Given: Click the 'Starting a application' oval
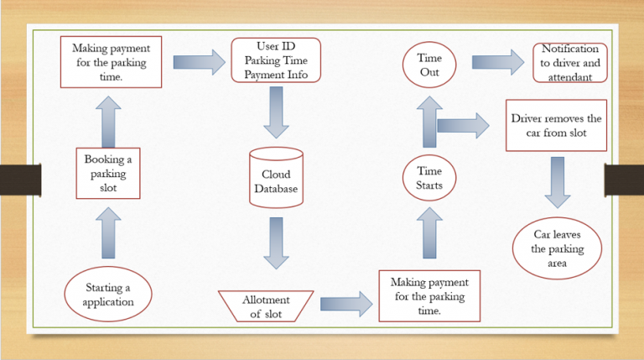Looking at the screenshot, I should [108, 295].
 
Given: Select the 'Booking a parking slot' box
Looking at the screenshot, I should [108, 172].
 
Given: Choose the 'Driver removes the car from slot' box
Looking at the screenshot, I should [555, 126].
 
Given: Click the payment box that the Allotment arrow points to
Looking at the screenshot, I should [429, 295].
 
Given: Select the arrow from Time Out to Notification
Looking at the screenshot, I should [498, 62].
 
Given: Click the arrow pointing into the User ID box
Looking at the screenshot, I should [199, 61].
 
